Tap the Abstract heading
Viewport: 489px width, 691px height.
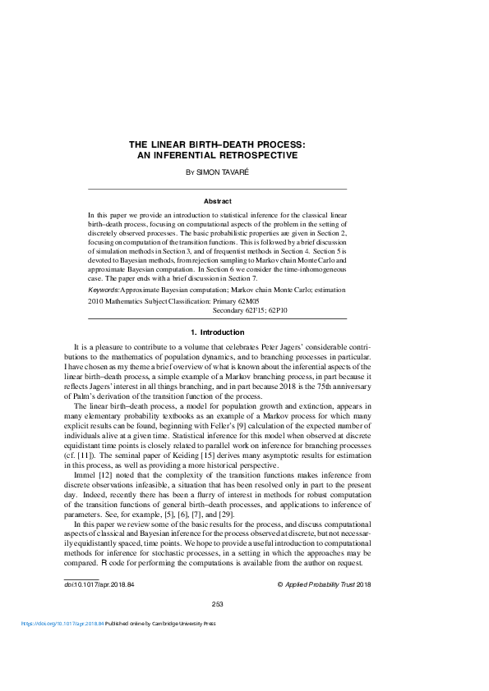[x=218, y=201]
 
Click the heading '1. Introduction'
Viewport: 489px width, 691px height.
[x=217, y=332]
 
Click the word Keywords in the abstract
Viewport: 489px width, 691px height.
[x=104, y=290]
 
